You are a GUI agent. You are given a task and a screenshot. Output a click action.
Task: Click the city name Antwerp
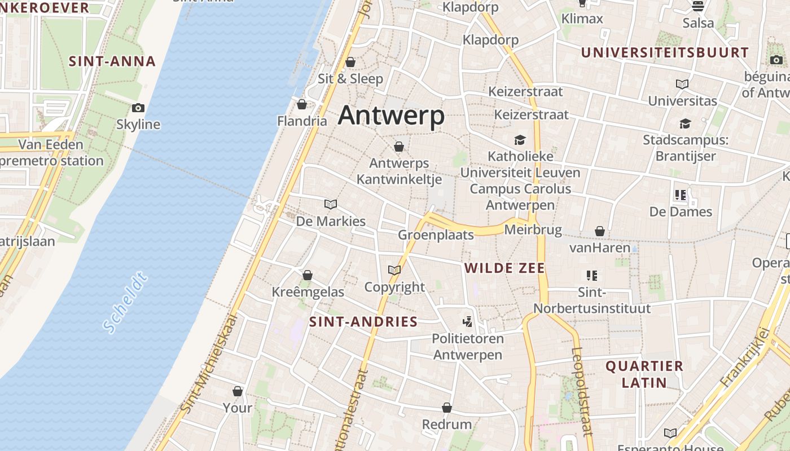[391, 116]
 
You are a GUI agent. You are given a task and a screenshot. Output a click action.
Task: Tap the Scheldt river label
[125, 302]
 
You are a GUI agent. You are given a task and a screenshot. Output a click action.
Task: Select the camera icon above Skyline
[138, 108]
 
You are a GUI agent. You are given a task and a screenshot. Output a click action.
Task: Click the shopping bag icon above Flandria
[302, 104]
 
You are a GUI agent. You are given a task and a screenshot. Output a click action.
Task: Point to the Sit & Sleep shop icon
[350, 62]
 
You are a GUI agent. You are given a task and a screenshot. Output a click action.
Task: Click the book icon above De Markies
[331, 204]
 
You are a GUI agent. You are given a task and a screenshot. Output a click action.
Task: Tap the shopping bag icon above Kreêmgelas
[308, 275]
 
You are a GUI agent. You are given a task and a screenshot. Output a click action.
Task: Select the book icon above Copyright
[394, 271]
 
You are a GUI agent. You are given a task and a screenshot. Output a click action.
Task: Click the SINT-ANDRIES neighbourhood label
[363, 322]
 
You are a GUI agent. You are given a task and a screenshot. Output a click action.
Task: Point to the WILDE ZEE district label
[504, 268]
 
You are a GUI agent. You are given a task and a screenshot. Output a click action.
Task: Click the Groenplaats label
[436, 235]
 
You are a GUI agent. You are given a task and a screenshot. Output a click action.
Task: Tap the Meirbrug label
[533, 229]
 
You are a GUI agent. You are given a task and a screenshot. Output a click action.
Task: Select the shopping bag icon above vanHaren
[599, 231]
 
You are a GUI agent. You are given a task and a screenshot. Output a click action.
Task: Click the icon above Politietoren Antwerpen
[467, 322]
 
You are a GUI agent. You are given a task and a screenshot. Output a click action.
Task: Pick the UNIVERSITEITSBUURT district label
[665, 52]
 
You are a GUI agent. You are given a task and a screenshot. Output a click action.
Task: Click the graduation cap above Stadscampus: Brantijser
[685, 123]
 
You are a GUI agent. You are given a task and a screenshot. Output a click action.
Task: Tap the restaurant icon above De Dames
[681, 195]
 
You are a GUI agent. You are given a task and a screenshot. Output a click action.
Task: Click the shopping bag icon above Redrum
[447, 408]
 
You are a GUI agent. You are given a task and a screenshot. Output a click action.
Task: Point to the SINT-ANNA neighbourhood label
[112, 61]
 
